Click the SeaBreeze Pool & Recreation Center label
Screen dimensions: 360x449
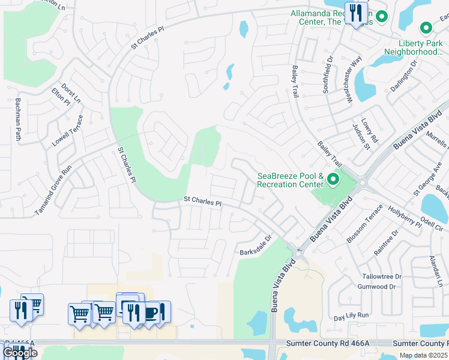coord(291,180)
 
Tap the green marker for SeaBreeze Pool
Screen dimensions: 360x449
coord(333,179)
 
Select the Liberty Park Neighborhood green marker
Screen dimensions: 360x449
coord(426,28)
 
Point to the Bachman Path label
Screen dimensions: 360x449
coord(19,119)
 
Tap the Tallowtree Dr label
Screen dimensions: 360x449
coord(382,277)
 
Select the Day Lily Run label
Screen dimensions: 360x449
coord(351,316)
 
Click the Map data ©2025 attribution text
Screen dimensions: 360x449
coord(423,355)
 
